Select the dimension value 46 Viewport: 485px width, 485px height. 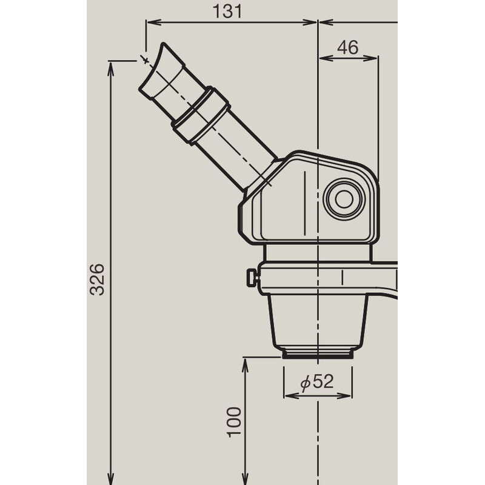348,47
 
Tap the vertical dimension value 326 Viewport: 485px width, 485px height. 98,279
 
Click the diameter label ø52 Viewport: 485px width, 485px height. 317,381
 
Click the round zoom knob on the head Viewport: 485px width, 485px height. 344,198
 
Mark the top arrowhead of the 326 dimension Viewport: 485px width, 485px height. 110,66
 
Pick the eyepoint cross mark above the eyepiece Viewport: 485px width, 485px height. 145,59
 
